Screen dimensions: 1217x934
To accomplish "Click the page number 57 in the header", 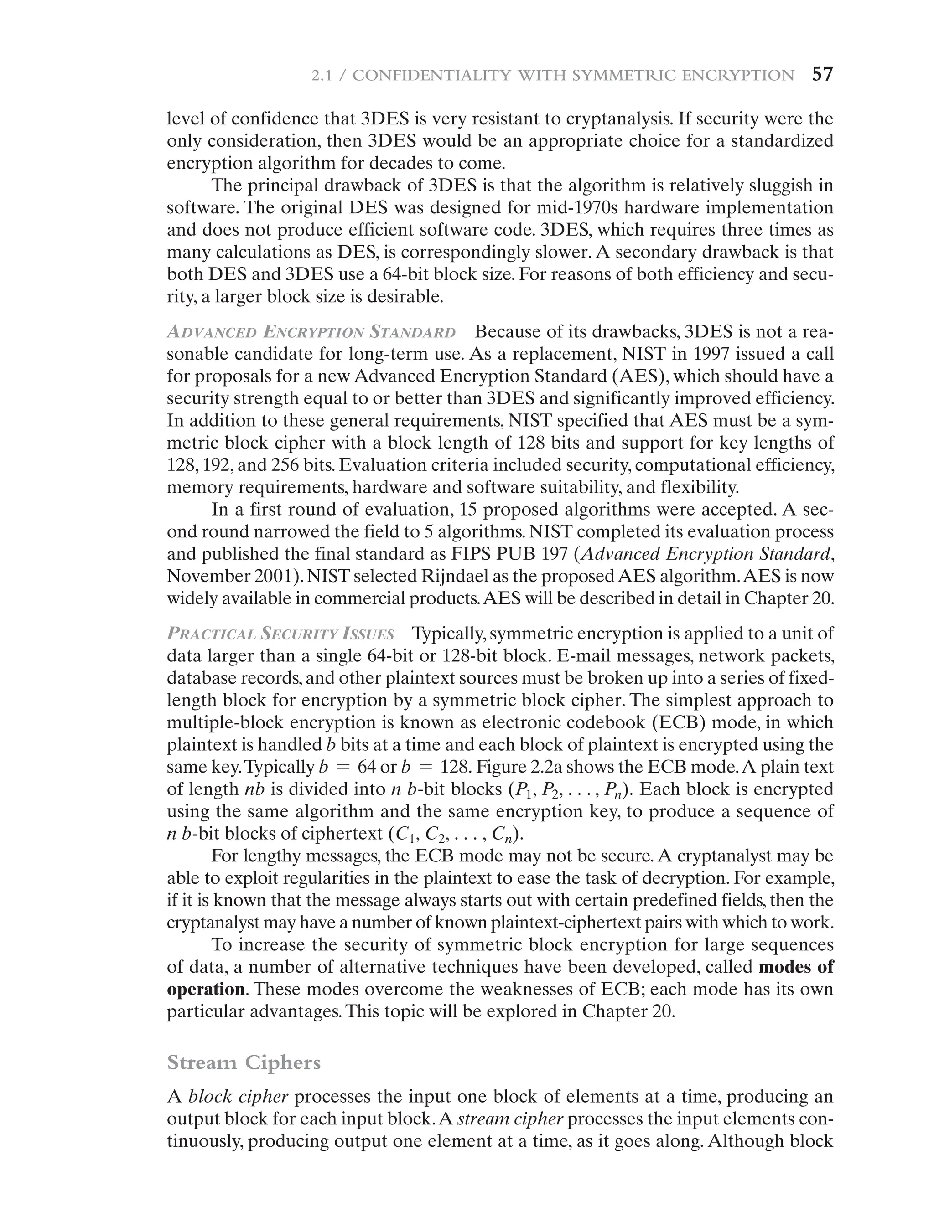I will tap(823, 74).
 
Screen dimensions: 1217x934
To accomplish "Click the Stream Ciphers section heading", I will tap(244, 1062).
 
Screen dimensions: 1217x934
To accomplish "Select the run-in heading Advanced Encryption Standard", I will tap(311, 332).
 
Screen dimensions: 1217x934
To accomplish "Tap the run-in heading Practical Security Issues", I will tap(281, 634).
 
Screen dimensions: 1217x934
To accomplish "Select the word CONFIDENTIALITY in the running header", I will tap(431, 75).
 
